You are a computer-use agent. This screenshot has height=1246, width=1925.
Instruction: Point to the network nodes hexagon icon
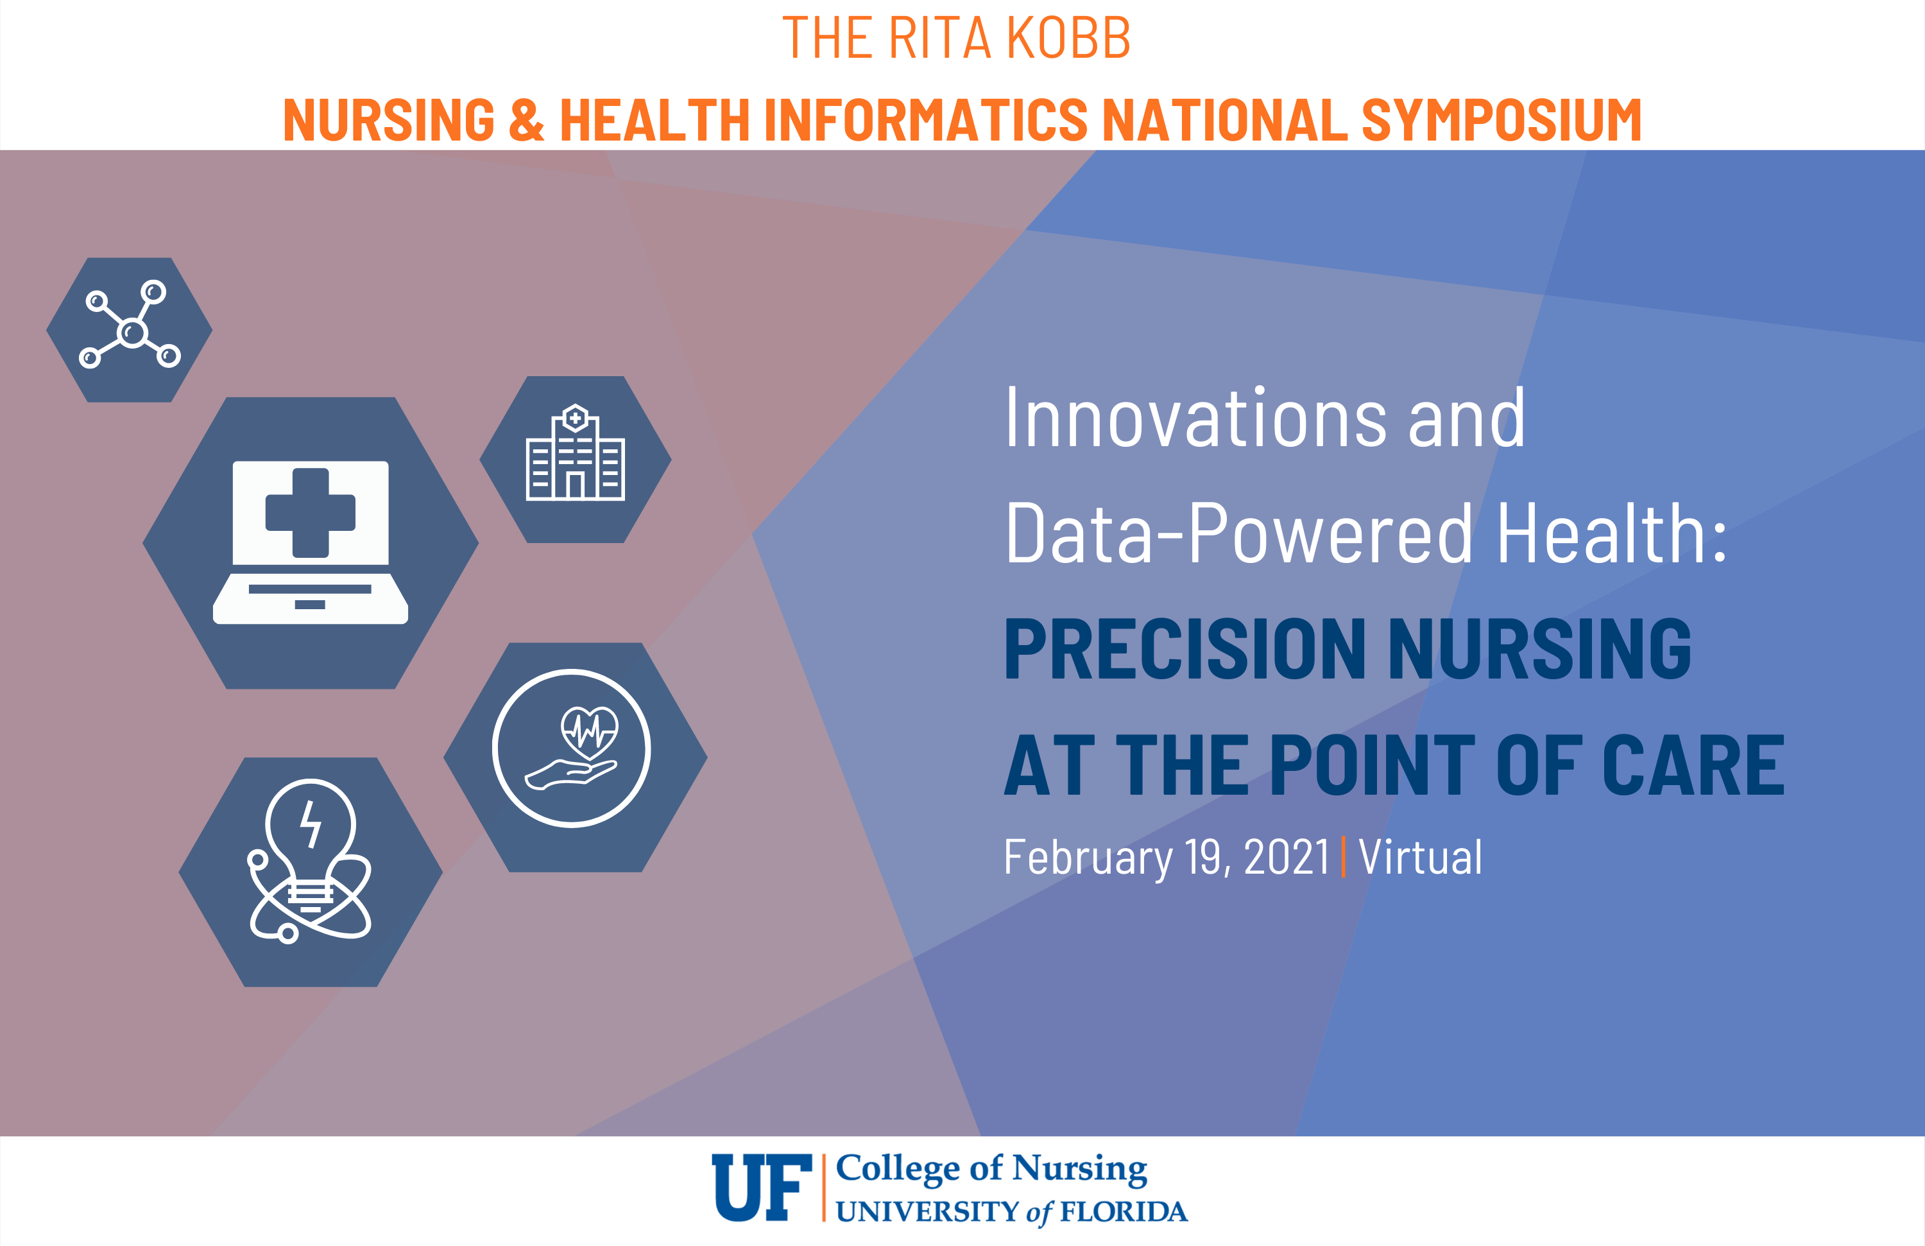(x=130, y=329)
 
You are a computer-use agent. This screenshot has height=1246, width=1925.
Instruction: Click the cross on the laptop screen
(x=311, y=513)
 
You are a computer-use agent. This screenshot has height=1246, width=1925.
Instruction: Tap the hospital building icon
(x=575, y=453)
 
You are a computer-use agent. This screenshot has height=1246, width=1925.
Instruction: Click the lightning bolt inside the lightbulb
(x=311, y=824)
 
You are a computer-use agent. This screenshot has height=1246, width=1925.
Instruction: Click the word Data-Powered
(x=1238, y=533)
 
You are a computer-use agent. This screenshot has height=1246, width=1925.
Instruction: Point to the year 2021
(x=1287, y=857)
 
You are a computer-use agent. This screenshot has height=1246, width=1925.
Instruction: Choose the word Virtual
(x=1420, y=857)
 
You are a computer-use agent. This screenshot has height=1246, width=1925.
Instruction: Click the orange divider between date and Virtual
(x=1344, y=858)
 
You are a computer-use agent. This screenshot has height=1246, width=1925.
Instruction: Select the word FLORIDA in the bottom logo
(x=1124, y=1212)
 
